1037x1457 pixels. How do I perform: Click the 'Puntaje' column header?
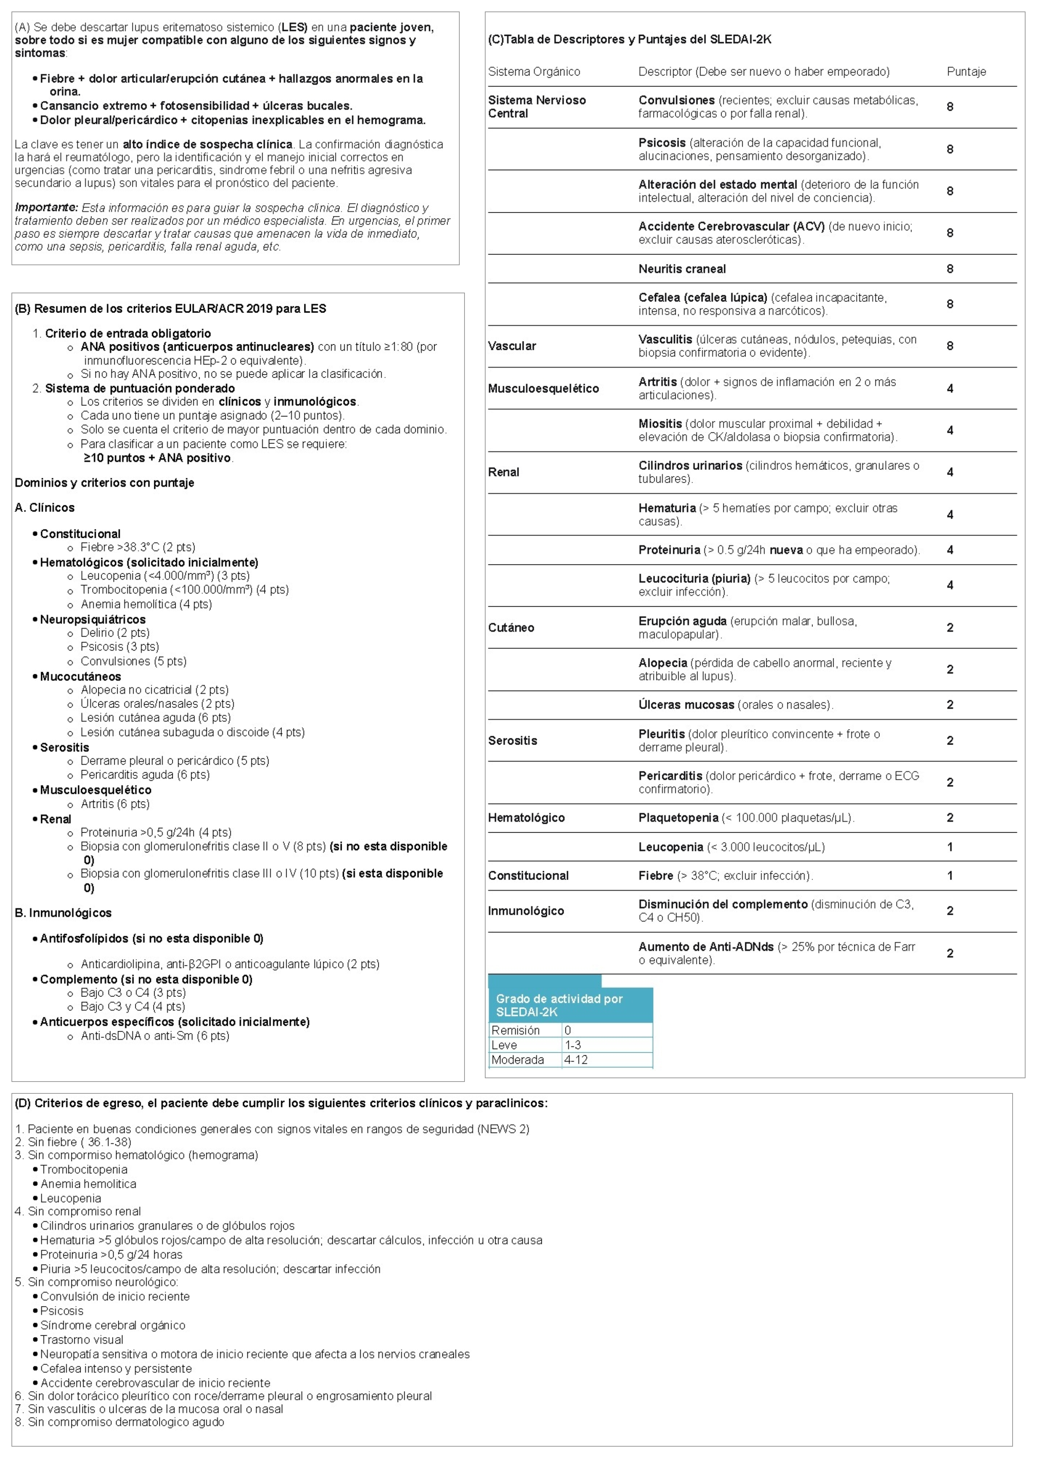click(966, 71)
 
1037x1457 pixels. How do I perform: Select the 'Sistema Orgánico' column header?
click(534, 71)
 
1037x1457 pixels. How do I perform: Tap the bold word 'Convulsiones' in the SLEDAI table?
click(676, 100)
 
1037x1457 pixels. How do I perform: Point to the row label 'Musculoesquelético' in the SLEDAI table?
click(543, 388)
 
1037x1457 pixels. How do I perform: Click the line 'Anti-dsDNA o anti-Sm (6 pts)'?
click(155, 1036)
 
